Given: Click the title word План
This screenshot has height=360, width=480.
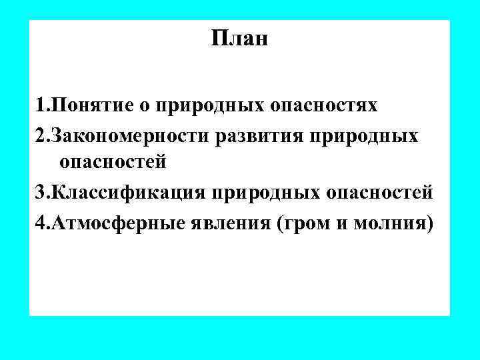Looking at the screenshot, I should click(x=239, y=39).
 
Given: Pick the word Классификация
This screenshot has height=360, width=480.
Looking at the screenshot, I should click(x=129, y=193).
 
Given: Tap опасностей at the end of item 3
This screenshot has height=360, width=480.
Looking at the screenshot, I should click(x=381, y=193).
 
